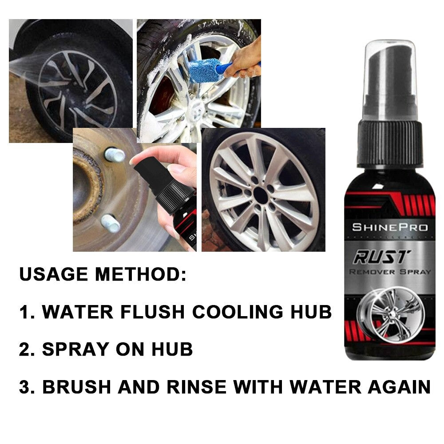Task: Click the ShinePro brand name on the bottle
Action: click(390, 227)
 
